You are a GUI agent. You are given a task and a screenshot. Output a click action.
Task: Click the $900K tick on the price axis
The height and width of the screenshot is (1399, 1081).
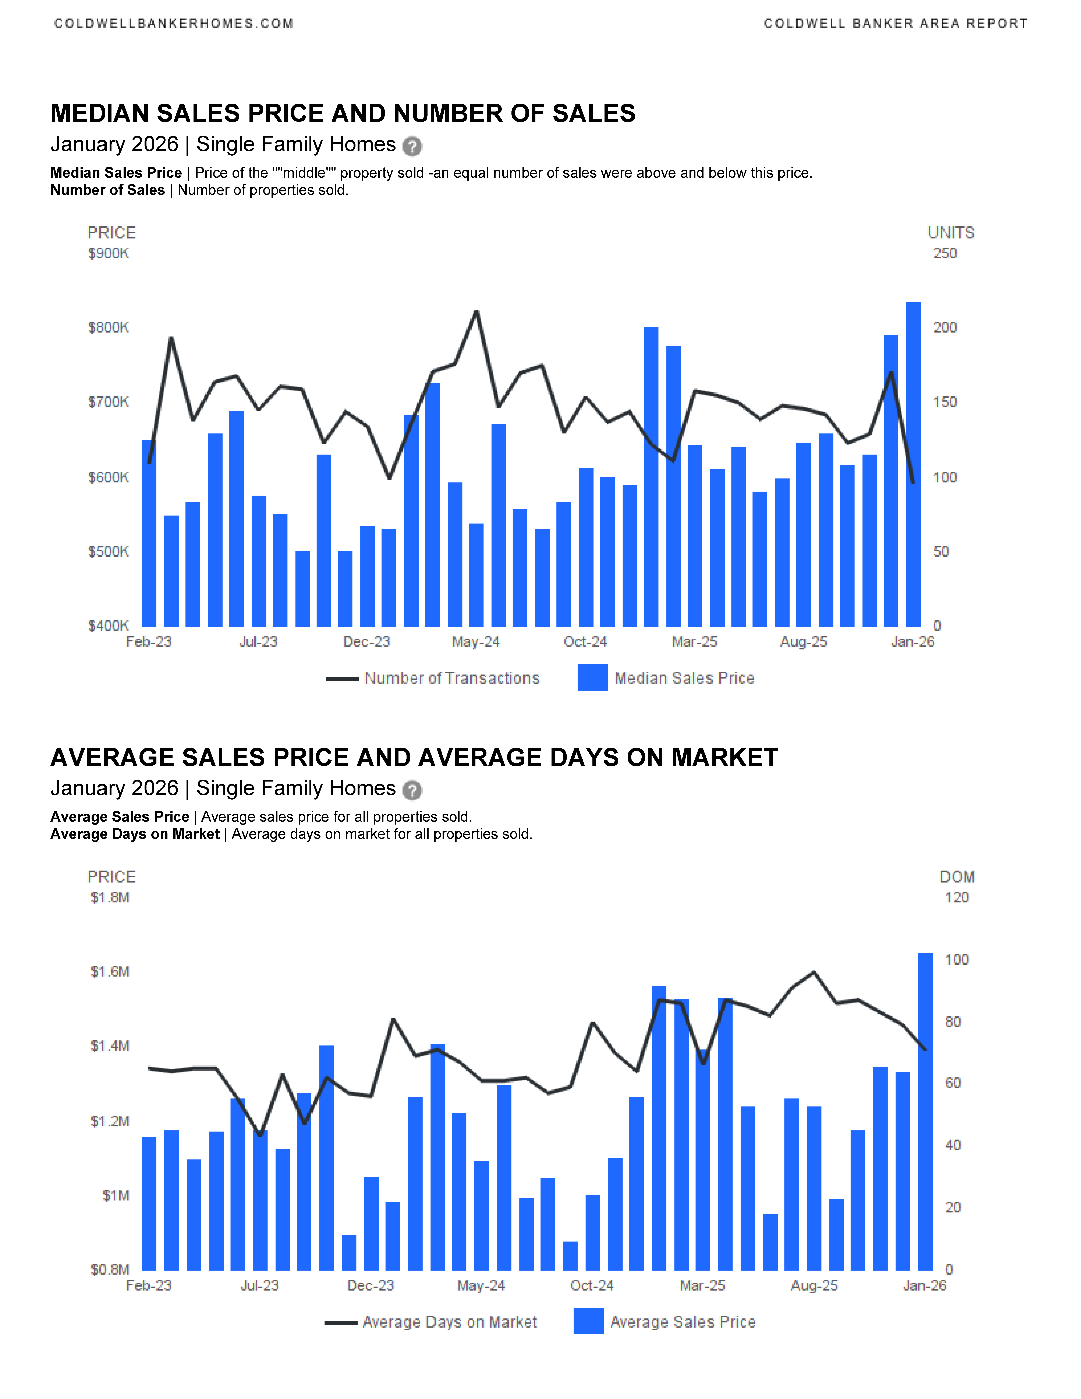[x=108, y=254]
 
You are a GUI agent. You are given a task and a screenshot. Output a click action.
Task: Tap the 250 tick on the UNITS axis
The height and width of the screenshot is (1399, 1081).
[x=944, y=254]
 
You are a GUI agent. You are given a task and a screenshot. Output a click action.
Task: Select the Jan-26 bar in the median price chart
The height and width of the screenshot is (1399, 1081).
[x=913, y=464]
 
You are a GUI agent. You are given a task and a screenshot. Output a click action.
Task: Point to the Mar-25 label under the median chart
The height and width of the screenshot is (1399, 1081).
[x=694, y=642]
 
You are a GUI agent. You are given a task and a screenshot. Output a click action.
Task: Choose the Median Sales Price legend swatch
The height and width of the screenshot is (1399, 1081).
[x=592, y=678]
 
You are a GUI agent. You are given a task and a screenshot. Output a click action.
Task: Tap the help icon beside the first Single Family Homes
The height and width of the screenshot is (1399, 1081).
[x=412, y=147]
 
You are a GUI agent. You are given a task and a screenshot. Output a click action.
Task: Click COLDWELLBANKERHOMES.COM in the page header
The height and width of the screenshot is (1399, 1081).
[x=174, y=24]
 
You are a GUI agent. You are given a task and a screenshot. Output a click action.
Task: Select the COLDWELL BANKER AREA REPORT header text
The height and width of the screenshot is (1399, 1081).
[x=895, y=24]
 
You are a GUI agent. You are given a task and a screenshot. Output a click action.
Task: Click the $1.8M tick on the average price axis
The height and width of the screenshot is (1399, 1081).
[x=110, y=897]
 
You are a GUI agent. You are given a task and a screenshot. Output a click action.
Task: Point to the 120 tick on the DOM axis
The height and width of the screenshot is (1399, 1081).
[x=956, y=897]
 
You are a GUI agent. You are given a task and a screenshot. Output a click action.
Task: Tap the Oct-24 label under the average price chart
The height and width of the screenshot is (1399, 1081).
[x=592, y=1286]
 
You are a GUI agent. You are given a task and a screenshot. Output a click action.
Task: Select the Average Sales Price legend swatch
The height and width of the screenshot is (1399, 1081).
[x=589, y=1321]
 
